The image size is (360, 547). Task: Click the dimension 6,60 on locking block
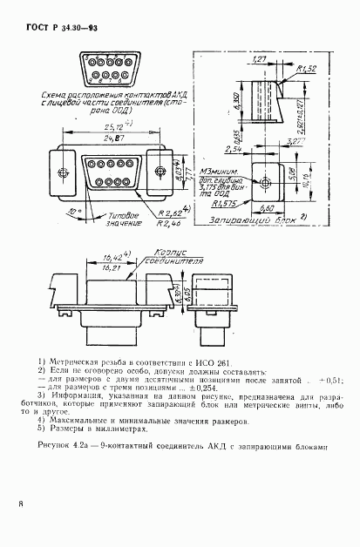click(x=270, y=210)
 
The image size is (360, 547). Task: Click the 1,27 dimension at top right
click(x=259, y=58)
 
